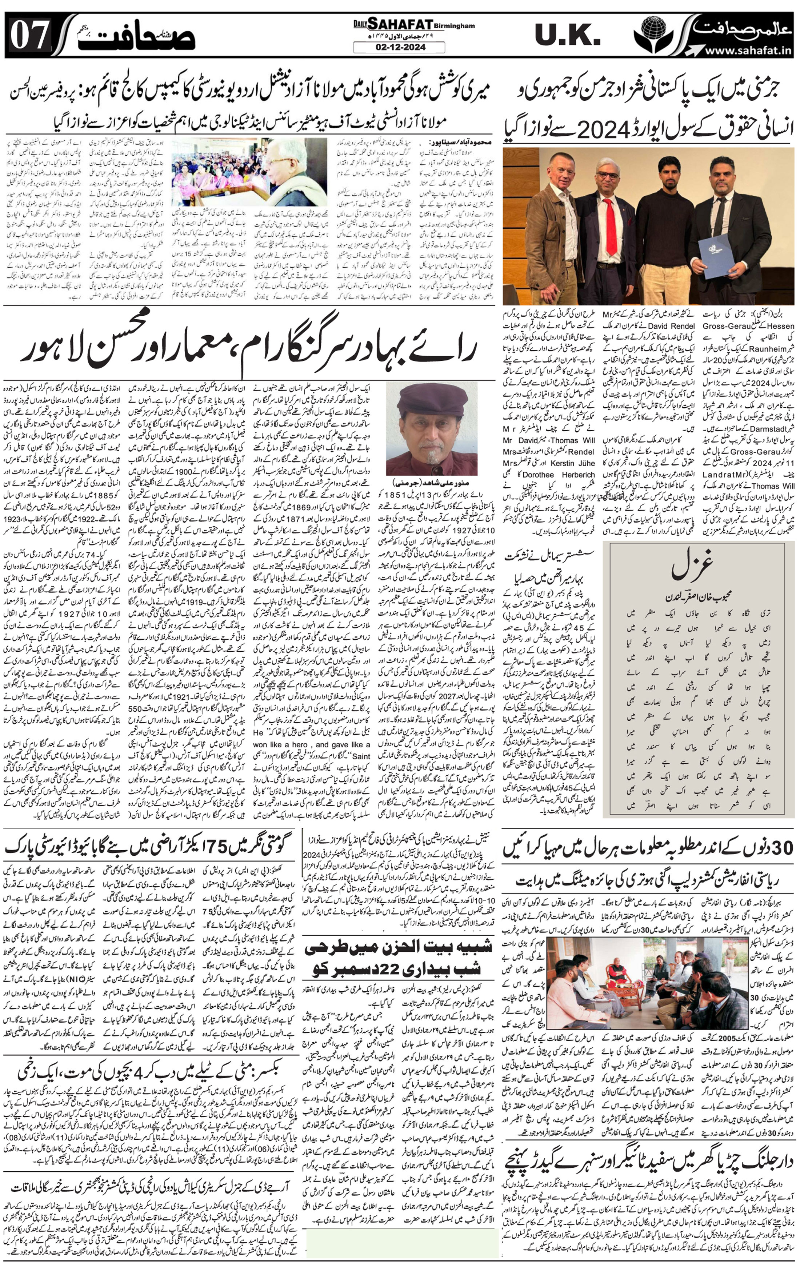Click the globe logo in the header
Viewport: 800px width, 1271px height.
[654, 33]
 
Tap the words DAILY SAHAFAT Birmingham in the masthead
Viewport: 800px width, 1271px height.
[414, 24]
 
